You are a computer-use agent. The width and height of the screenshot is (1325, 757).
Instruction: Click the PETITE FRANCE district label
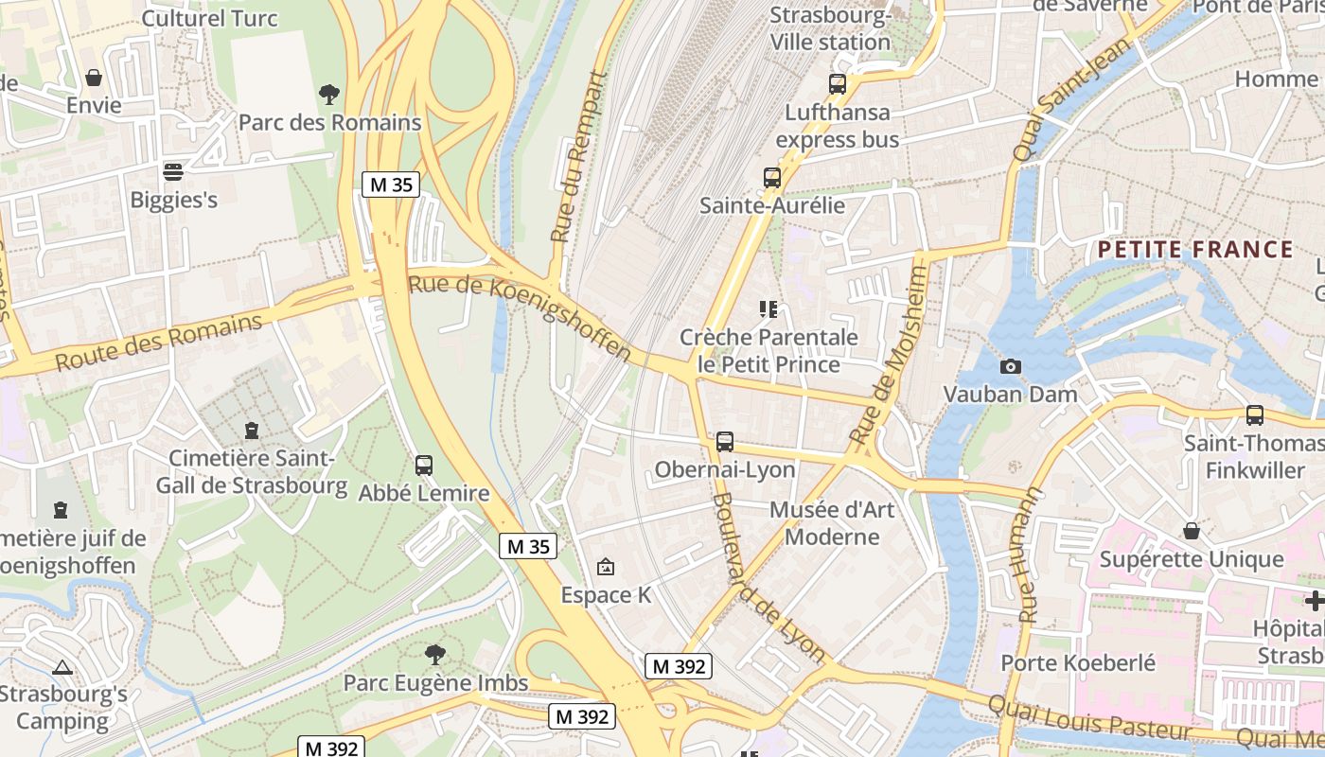pos(1195,250)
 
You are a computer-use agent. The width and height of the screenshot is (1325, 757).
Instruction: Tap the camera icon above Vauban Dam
pos(1011,366)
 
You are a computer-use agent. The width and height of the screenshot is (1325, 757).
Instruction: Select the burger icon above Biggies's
pos(173,171)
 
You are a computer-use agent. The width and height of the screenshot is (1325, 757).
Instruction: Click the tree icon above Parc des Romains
pos(329,94)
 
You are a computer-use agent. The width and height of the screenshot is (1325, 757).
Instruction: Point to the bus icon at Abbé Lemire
pos(424,465)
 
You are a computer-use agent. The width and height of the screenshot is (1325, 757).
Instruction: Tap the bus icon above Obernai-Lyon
pos(725,441)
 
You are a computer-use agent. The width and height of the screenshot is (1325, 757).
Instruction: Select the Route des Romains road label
pos(158,343)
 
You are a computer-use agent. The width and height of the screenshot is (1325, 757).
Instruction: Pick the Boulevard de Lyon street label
pos(768,577)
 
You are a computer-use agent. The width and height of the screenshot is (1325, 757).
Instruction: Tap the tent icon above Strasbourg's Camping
pos(62,667)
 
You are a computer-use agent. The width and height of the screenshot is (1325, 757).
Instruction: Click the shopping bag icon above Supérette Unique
pos(1192,531)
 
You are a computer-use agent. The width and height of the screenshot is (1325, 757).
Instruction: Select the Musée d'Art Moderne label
pos(833,523)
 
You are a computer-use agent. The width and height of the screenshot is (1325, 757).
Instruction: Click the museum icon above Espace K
pos(606,567)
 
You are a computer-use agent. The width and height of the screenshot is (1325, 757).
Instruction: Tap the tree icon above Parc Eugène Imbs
pos(434,654)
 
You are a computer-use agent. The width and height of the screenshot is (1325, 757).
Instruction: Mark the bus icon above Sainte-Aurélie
pos(772,177)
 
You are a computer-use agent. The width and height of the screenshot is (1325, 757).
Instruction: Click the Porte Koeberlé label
pos(1078,662)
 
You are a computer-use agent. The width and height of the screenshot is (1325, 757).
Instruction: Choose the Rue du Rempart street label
pos(576,156)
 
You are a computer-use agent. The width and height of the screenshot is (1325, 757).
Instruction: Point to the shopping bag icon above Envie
pos(94,77)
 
